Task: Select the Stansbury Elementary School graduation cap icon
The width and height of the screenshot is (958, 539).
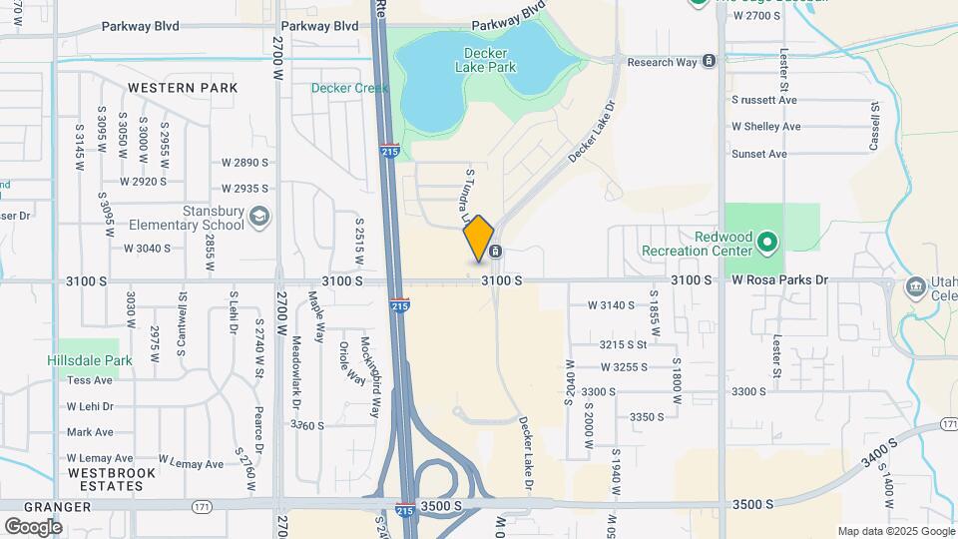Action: tap(259, 218)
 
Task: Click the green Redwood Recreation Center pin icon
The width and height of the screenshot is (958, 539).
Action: tap(766, 242)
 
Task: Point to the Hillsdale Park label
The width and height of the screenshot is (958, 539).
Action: tap(90, 360)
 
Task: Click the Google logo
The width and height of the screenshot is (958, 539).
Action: tap(33, 526)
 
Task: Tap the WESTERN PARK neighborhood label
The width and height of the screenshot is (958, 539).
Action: tap(183, 88)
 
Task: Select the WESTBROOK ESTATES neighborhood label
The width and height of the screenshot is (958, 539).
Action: tap(106, 478)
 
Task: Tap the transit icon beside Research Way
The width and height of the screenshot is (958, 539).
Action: tap(709, 62)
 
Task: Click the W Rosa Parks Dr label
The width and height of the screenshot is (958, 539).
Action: tap(780, 280)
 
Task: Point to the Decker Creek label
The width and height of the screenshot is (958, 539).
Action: tap(349, 88)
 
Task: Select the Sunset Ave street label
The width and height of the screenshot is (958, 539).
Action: tap(759, 154)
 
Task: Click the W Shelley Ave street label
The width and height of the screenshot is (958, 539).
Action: tap(765, 127)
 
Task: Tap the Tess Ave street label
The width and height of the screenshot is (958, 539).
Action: tap(90, 380)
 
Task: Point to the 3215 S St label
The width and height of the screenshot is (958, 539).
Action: tap(624, 344)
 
